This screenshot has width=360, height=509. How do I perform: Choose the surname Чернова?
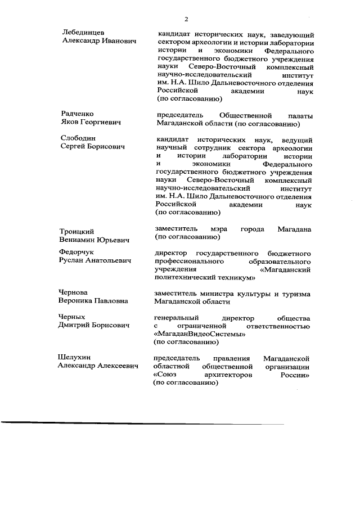tap(74, 292)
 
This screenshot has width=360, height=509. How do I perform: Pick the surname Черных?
tap(73, 317)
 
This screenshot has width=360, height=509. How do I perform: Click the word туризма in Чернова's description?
tap(296, 294)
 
